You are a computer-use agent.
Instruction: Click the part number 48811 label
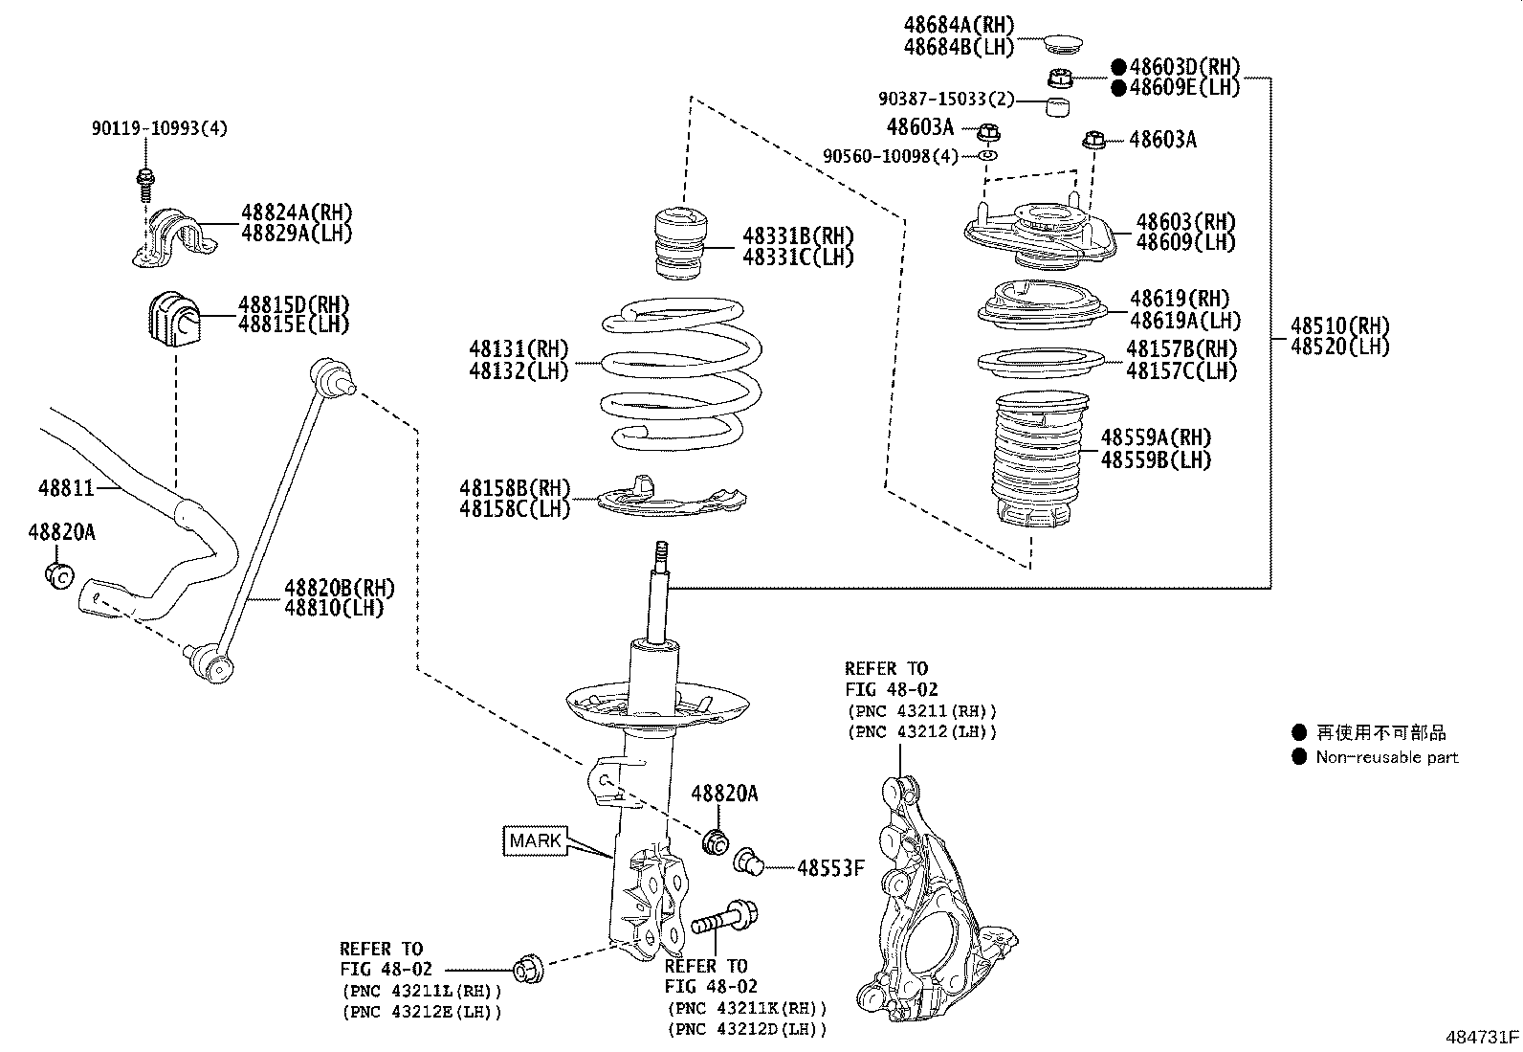(65, 488)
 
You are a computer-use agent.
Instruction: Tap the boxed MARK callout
(535, 841)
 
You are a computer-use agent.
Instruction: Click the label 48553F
(830, 868)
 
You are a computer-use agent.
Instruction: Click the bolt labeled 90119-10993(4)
(146, 178)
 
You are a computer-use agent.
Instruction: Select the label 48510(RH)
(1339, 325)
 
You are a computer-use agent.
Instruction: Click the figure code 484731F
(1481, 1037)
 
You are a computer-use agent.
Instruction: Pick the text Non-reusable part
(1386, 757)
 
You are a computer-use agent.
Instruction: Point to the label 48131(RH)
(519, 349)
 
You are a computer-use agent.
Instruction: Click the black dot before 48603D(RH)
(1118, 67)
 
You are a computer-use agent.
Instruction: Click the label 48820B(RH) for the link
(338, 588)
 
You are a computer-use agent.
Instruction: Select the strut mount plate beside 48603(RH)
(1038, 235)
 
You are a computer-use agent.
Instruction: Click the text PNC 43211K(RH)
(746, 1009)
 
